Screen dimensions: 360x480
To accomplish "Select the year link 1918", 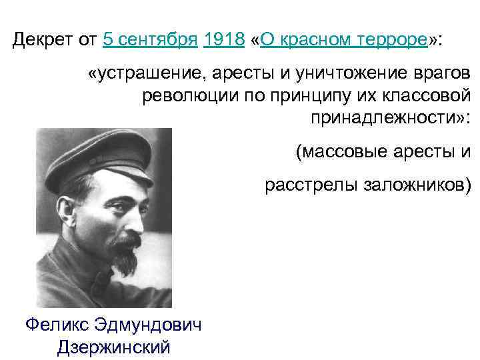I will pos(224,40).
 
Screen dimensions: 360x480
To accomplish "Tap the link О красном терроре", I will pos(344,40).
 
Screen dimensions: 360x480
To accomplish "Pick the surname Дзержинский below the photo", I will pos(113,347).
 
